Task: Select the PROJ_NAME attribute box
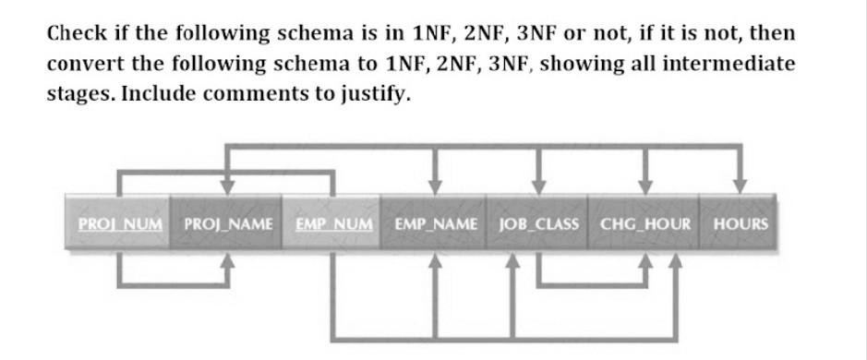click(x=227, y=223)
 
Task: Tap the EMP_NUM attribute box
click(x=333, y=223)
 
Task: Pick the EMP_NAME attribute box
click(x=436, y=223)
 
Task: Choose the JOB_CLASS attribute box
click(x=539, y=223)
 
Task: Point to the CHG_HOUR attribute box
click(x=644, y=223)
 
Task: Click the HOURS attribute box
click(x=740, y=223)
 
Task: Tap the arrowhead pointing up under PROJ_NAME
click(x=226, y=261)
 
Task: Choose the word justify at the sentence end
click(x=373, y=96)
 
